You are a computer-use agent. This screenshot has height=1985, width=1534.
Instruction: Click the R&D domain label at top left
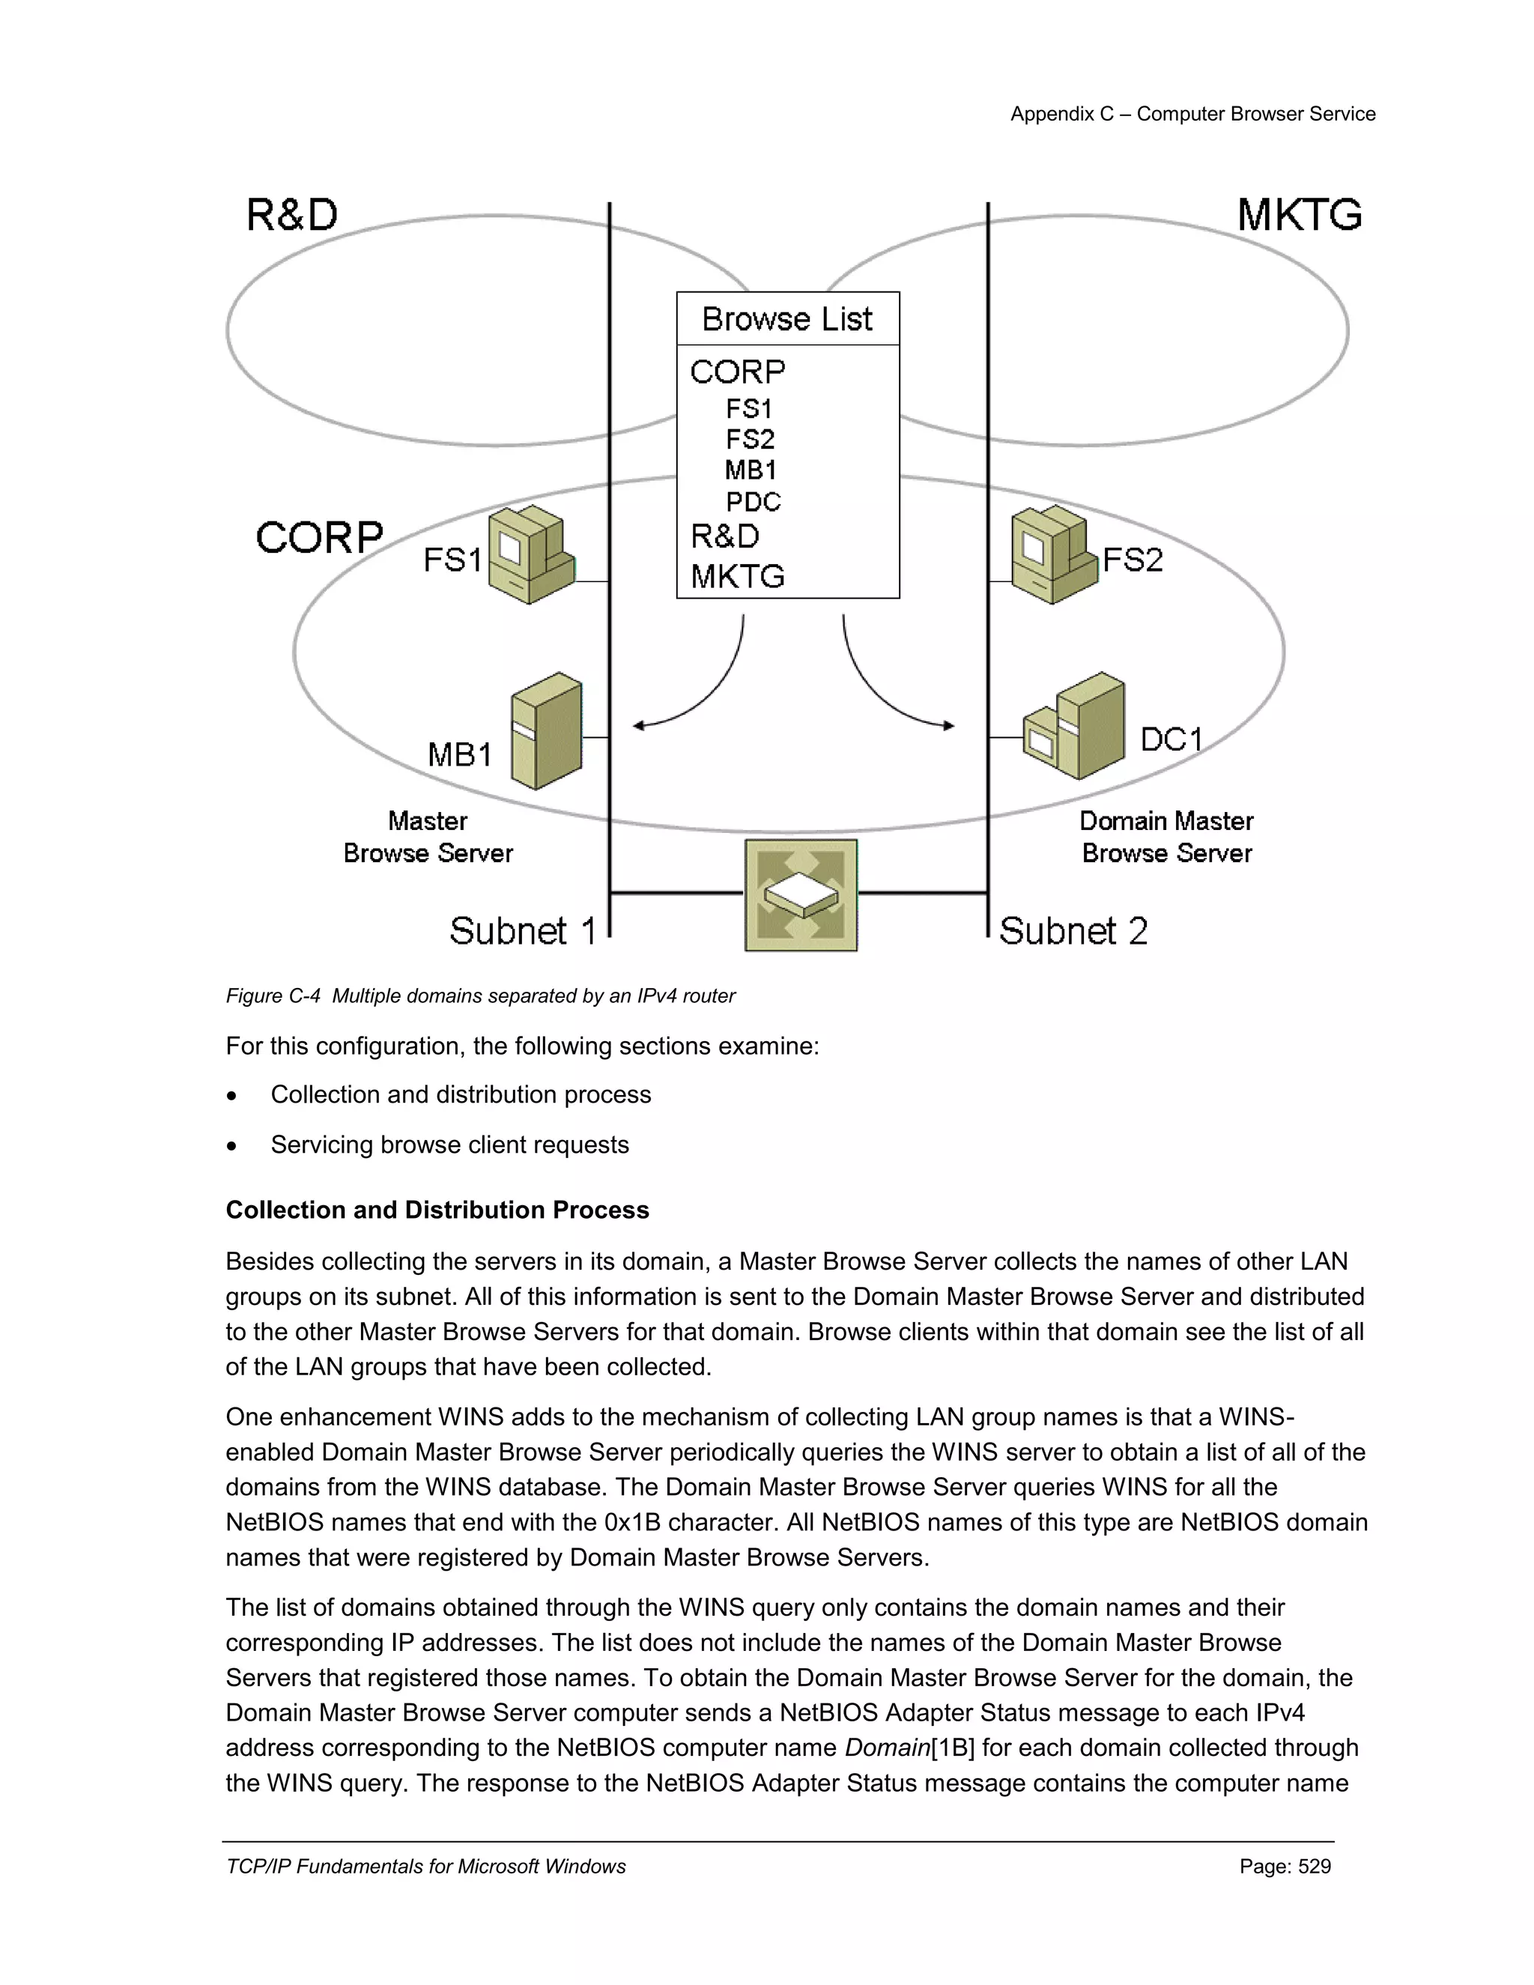(x=291, y=216)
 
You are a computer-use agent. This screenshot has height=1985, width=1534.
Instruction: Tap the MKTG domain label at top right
(x=1299, y=216)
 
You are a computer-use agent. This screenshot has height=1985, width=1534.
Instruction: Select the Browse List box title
(x=787, y=319)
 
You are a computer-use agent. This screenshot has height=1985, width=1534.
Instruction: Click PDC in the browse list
(x=753, y=502)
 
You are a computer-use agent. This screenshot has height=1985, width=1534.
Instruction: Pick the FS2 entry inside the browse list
(x=750, y=440)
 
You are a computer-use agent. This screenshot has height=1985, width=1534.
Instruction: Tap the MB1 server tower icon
(x=546, y=731)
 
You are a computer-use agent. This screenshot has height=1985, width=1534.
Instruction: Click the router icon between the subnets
(x=801, y=895)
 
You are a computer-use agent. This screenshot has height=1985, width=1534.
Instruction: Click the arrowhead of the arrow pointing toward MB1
(x=639, y=725)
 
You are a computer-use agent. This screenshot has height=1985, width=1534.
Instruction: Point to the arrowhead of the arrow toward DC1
(x=949, y=725)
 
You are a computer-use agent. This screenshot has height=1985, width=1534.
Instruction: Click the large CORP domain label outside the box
(x=319, y=537)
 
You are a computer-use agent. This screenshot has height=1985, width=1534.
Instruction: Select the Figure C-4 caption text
(x=480, y=996)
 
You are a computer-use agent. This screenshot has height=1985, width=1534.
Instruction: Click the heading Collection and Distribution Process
(x=437, y=1210)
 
